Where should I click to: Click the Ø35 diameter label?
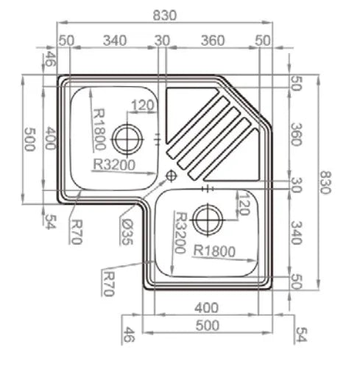point(127,231)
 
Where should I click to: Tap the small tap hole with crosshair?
point(172,175)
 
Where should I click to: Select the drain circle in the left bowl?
point(127,139)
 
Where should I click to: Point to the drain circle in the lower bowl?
point(208,220)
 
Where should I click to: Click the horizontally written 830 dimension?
point(165,15)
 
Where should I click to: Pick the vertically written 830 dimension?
point(325,182)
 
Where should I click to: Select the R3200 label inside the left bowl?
point(114,164)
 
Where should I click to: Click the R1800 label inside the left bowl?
point(99,129)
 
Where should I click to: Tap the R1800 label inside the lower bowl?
point(214,251)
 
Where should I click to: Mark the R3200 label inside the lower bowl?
point(180,233)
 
